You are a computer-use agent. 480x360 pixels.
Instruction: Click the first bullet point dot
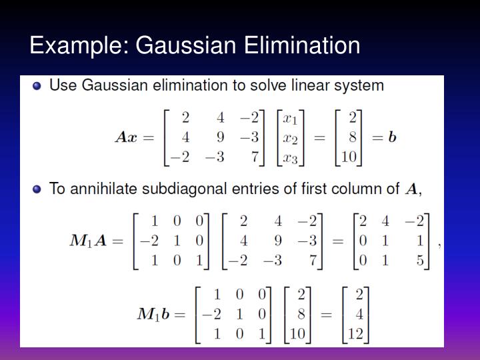coord(37,86)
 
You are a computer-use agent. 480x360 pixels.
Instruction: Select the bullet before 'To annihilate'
coord(37,189)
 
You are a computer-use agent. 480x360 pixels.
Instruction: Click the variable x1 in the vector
coord(290,119)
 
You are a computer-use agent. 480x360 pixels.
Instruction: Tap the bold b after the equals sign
coord(392,137)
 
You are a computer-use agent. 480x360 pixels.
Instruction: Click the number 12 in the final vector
coord(355,333)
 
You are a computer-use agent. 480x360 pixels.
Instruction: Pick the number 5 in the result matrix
coord(420,259)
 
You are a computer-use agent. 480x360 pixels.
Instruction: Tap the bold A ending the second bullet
coord(413,189)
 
